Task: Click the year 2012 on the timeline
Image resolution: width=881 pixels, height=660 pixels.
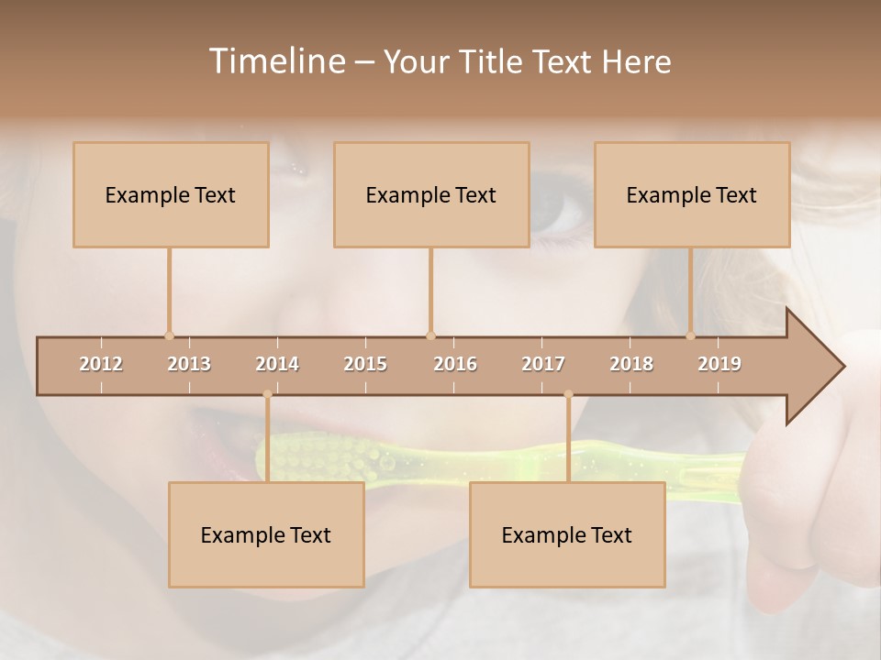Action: (101, 364)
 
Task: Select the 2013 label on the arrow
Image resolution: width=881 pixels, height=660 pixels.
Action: (189, 364)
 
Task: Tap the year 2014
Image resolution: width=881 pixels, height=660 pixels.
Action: (277, 364)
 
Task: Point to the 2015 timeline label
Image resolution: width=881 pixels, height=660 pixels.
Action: (365, 364)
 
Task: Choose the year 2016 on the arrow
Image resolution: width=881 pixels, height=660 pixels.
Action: (455, 364)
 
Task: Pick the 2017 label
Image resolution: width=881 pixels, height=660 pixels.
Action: (543, 364)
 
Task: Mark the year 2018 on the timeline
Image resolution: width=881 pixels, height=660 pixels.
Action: (631, 364)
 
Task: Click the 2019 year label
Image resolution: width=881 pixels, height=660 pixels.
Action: (719, 364)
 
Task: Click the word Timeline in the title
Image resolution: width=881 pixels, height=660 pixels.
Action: (275, 61)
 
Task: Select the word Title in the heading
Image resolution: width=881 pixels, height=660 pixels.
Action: (494, 62)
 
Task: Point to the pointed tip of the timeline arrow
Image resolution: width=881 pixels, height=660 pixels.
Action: (842, 367)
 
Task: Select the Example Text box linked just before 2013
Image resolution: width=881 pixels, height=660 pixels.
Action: (171, 194)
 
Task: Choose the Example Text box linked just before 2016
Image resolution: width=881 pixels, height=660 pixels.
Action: (431, 194)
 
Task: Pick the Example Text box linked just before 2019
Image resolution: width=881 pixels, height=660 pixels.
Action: (692, 194)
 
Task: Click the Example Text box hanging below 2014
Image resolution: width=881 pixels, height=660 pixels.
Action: (266, 534)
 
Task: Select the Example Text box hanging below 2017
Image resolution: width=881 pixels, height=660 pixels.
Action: (567, 534)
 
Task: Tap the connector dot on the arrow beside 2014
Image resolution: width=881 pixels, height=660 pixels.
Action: (267, 395)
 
